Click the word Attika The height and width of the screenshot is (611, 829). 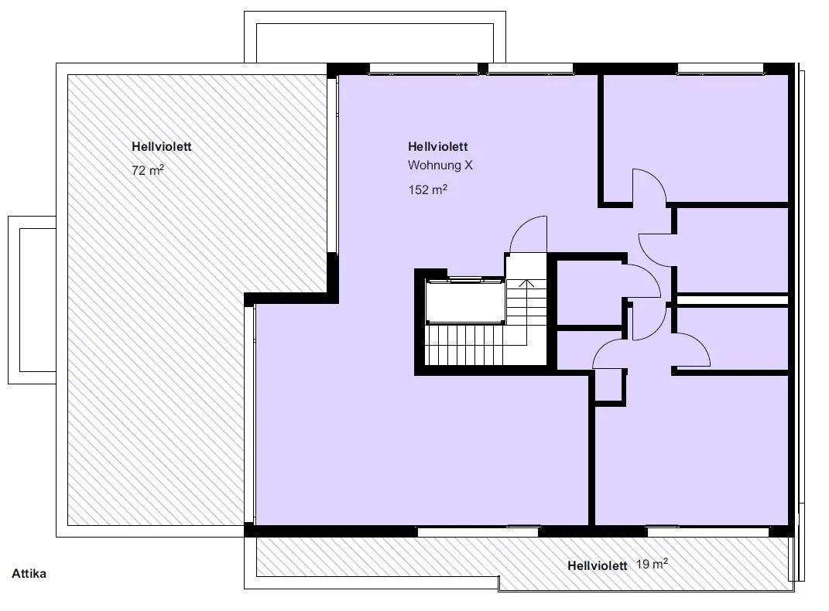pos(29,574)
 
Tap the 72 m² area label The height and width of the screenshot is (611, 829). pos(148,170)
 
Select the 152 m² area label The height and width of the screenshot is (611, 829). pos(428,189)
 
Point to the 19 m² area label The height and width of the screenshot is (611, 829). pos(652,564)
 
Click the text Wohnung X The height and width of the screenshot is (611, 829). pos(440,166)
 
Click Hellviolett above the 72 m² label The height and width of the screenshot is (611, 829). pos(161,146)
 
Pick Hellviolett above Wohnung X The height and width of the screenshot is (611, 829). pos(438,146)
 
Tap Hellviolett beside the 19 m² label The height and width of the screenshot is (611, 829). pos(598,565)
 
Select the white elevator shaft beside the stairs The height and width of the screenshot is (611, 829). pos(465,302)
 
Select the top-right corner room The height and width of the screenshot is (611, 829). pos(696,138)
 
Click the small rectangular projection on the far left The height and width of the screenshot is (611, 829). pos(32,300)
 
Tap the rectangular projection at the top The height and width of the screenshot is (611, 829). pos(375,37)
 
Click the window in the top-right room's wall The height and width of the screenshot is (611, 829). pos(720,69)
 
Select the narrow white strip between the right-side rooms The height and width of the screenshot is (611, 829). pos(733,300)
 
